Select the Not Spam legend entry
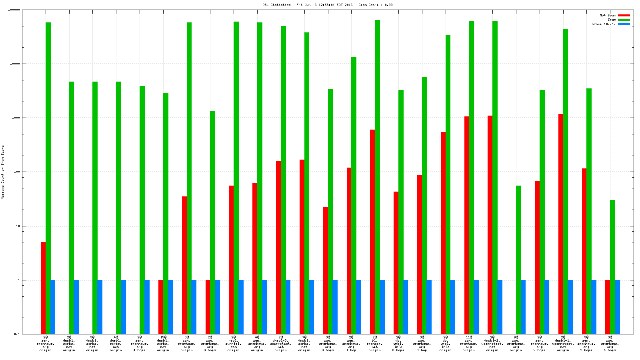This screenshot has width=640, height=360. click(608, 15)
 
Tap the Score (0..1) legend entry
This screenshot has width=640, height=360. click(604, 24)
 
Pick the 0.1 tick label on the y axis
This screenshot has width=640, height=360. click(17, 334)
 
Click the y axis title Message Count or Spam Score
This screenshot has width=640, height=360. click(3, 172)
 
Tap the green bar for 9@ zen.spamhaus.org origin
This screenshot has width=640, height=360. click(518, 260)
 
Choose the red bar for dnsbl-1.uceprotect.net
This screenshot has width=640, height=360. click(561, 224)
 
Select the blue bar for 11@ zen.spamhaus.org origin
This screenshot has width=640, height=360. click(476, 307)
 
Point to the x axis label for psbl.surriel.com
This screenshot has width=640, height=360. click(234, 344)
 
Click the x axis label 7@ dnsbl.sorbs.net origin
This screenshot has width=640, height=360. click(304, 344)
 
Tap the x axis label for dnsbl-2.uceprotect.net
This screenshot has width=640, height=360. click(492, 344)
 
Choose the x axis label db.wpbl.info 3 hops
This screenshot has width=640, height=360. click(398, 344)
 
